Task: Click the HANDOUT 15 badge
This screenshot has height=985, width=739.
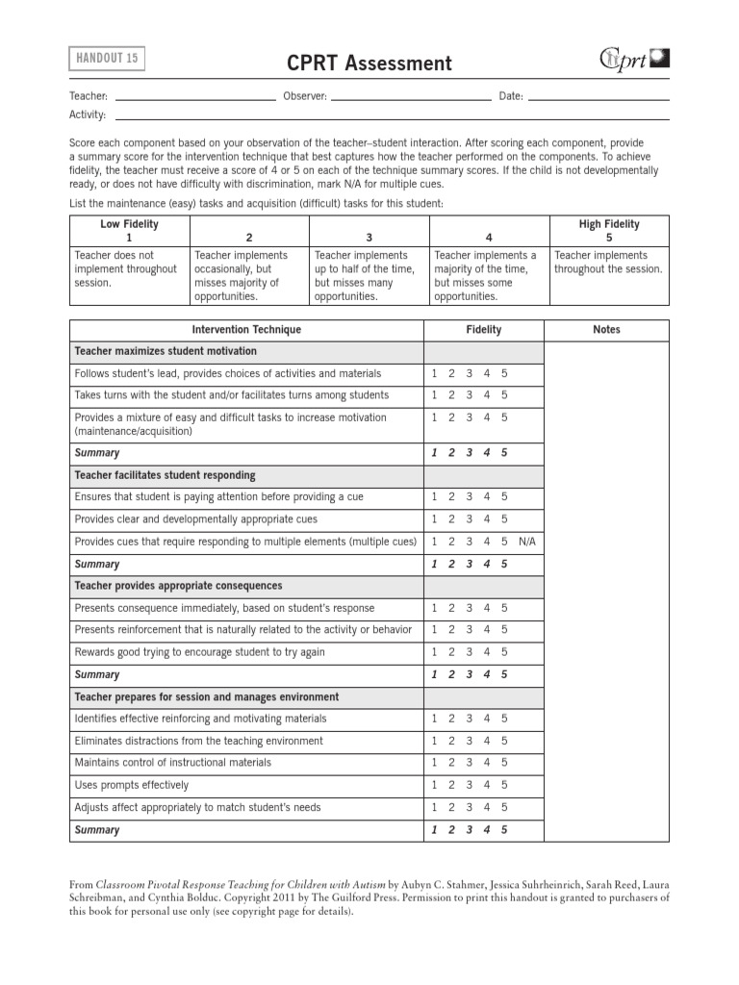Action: tap(108, 59)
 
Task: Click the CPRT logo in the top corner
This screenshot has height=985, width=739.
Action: tap(635, 60)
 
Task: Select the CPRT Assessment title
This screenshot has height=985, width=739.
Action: tap(369, 63)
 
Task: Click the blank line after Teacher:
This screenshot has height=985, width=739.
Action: tap(195, 96)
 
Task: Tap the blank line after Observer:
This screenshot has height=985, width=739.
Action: tap(411, 96)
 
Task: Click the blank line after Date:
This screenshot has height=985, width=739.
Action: tap(599, 96)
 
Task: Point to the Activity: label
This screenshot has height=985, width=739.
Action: tap(87, 114)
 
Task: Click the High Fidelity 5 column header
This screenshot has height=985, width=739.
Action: tap(609, 230)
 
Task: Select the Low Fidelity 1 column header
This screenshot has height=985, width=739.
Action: tap(129, 230)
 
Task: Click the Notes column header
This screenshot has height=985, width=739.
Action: tap(606, 330)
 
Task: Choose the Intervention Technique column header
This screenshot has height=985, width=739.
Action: tap(246, 330)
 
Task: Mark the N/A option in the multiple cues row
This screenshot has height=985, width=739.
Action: tap(526, 542)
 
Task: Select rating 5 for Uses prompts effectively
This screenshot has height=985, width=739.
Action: tap(504, 785)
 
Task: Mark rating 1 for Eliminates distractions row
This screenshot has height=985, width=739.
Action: tap(434, 741)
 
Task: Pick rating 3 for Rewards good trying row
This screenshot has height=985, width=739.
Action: tap(469, 652)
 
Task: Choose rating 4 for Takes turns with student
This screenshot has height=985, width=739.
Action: tap(487, 395)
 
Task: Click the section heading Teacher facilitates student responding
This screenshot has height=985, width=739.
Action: tap(165, 475)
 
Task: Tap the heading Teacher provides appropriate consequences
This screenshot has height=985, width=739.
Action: tap(178, 586)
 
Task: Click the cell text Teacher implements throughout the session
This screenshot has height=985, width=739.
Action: tap(608, 263)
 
